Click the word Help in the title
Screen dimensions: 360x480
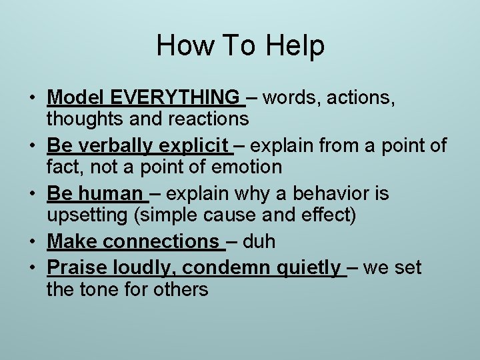[295, 45]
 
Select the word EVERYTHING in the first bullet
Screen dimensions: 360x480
[176, 98]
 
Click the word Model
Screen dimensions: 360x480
[76, 98]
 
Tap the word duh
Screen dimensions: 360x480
[259, 241]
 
